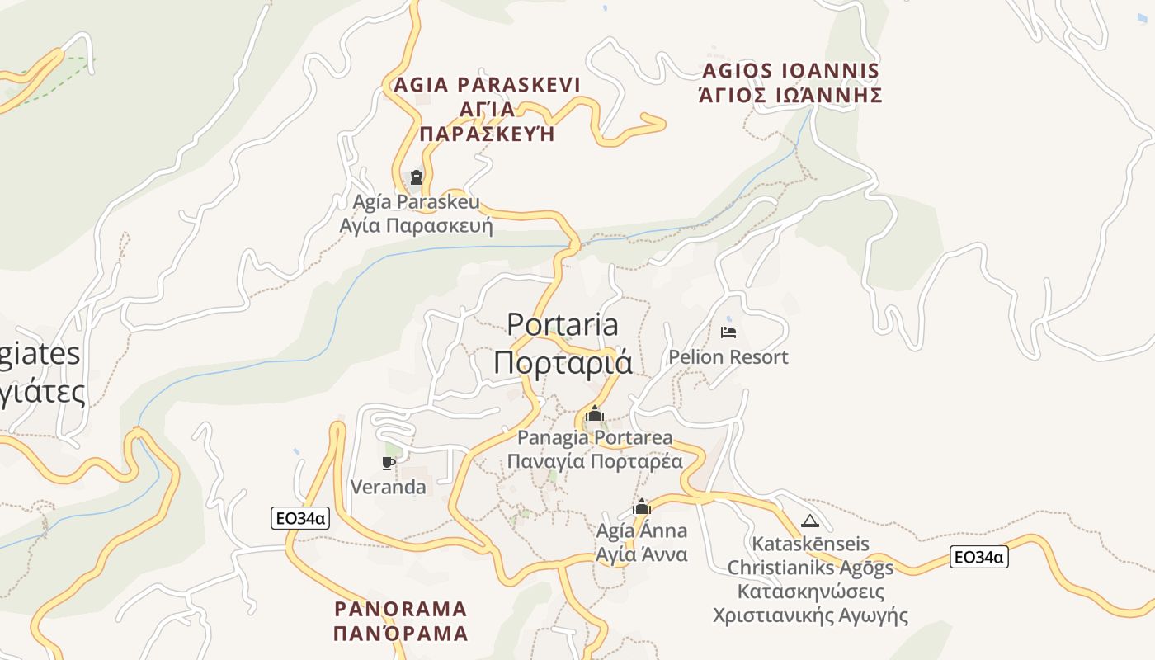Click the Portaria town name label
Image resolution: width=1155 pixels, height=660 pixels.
(x=563, y=324)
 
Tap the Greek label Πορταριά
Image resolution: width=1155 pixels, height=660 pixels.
(x=563, y=362)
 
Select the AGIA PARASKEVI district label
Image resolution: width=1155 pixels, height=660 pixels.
(x=487, y=85)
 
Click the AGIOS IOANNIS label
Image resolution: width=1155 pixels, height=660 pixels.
(x=790, y=71)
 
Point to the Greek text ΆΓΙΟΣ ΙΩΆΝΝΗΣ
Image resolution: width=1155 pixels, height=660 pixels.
(x=790, y=96)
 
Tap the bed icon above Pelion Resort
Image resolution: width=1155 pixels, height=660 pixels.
(x=728, y=332)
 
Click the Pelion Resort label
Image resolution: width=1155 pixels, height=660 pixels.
(x=728, y=357)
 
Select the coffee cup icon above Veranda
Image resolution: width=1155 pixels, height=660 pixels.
(x=389, y=463)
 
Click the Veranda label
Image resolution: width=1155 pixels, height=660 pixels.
(x=389, y=487)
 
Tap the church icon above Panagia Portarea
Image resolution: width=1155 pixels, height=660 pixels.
(x=595, y=413)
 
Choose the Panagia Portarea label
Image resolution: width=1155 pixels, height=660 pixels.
(x=595, y=437)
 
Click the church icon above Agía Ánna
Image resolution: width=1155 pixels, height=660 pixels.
(x=642, y=507)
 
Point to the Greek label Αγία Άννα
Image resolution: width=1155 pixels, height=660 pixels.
(x=642, y=554)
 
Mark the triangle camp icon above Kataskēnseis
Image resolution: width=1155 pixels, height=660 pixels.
(x=810, y=521)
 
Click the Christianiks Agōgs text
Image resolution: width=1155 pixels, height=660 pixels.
(x=810, y=568)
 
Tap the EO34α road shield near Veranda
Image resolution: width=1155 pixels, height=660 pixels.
(x=300, y=518)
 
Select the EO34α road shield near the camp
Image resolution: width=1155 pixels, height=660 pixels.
(x=978, y=557)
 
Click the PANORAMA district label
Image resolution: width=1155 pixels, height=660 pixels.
(x=401, y=610)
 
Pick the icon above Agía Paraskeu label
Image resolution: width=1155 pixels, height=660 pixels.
(x=417, y=177)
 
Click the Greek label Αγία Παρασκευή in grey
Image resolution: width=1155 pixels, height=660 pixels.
(x=416, y=226)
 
